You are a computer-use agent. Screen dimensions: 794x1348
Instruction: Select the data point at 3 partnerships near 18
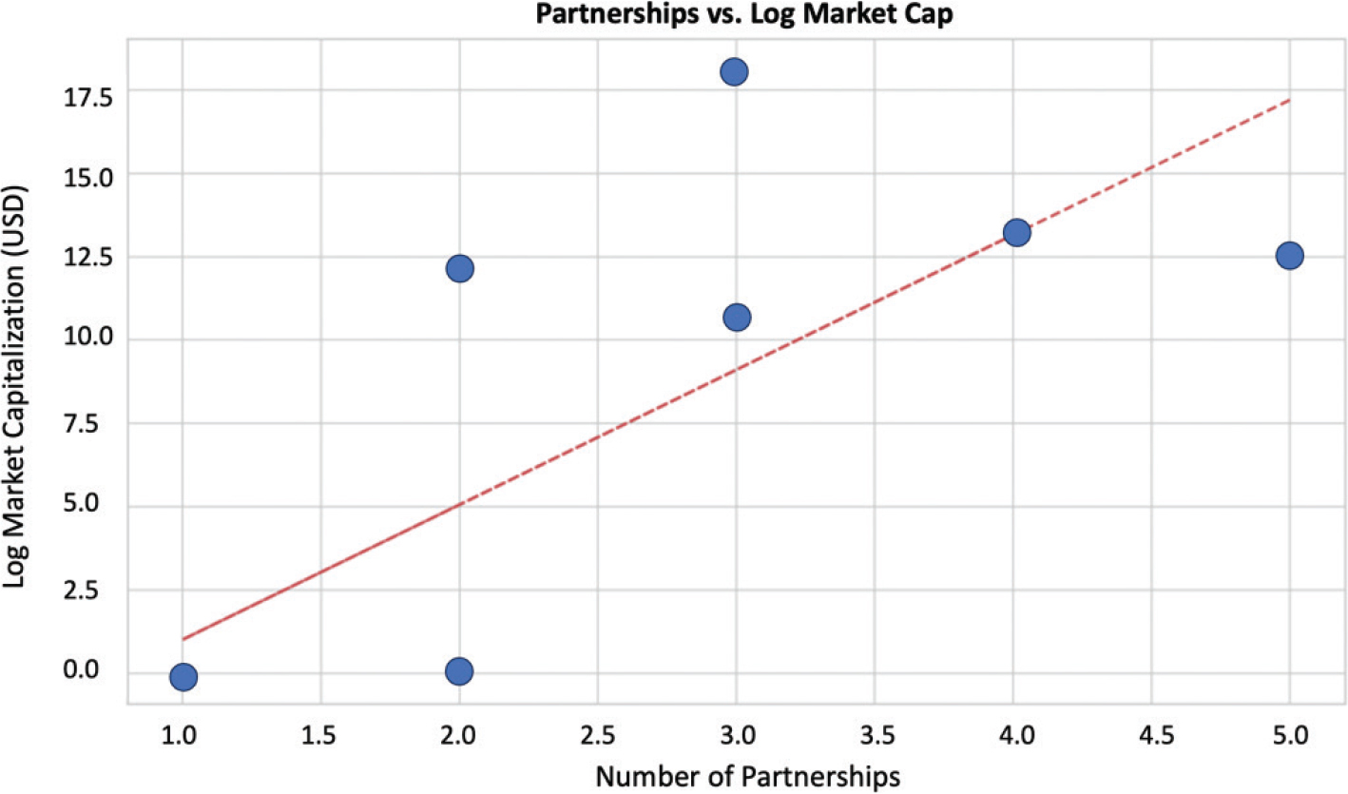(734, 71)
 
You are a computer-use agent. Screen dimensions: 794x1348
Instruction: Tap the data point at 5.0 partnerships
(1289, 255)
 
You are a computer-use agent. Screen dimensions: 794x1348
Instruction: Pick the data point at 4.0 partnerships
(1016, 232)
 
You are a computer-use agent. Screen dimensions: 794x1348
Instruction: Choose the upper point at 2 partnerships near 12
(459, 268)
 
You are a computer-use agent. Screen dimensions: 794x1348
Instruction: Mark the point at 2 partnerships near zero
(459, 671)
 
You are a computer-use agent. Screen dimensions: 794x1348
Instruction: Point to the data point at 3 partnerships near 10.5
(737, 317)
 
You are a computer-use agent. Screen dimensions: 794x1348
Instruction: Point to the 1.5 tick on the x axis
(320, 735)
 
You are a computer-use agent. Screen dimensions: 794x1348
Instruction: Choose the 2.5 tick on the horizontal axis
(597, 735)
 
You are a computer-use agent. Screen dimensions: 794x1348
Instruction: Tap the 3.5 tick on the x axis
(875, 735)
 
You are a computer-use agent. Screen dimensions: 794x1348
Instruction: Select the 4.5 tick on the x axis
(1151, 735)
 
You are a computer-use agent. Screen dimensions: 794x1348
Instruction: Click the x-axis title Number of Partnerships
(747, 776)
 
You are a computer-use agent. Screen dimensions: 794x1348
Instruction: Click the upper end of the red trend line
(1289, 99)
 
